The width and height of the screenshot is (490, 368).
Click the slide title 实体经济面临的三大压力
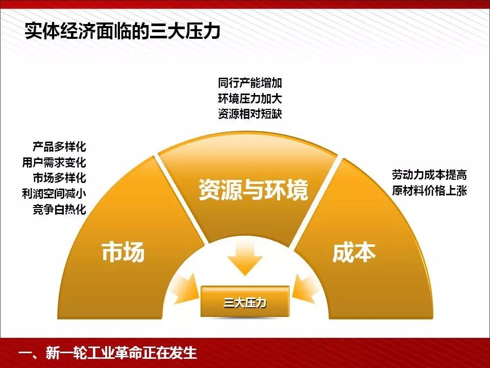point(122,31)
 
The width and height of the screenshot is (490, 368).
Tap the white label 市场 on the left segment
point(123,251)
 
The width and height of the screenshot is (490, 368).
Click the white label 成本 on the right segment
point(354,252)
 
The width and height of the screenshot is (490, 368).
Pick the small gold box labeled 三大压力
point(244,302)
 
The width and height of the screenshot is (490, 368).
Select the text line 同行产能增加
point(250,83)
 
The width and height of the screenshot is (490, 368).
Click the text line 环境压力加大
point(250,99)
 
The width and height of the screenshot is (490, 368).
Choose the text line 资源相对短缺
point(250,114)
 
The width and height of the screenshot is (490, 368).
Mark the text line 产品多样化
point(59,147)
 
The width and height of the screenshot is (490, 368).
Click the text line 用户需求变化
point(54,163)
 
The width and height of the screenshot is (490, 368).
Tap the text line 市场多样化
point(59,178)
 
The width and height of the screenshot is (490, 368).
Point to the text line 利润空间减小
point(54,194)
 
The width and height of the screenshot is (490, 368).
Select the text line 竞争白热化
point(59,210)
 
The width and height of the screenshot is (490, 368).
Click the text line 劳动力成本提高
point(429,175)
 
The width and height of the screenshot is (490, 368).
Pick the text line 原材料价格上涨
point(429,191)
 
